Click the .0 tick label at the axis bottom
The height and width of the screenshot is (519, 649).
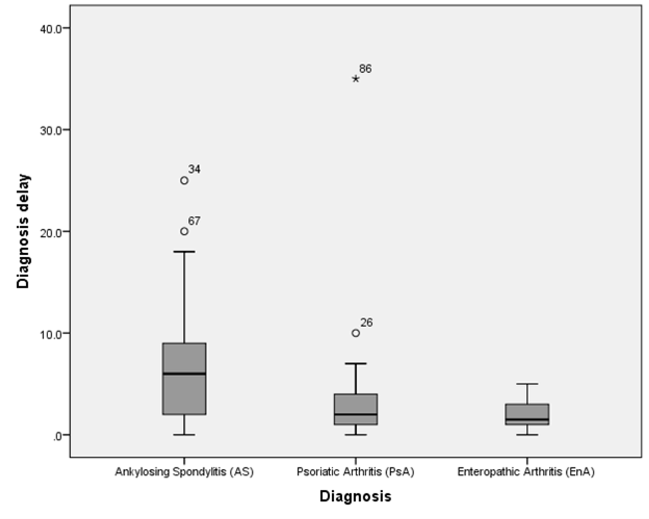click(x=57, y=436)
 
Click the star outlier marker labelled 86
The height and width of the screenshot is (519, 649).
click(x=356, y=79)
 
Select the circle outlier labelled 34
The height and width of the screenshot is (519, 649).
click(x=184, y=181)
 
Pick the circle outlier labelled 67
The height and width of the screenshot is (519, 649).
click(x=184, y=231)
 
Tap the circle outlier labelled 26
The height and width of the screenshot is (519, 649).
click(x=356, y=333)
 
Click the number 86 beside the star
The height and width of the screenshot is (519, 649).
click(x=365, y=68)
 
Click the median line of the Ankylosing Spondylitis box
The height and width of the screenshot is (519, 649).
click(x=184, y=374)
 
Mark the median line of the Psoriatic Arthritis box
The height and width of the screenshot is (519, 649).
click(x=356, y=414)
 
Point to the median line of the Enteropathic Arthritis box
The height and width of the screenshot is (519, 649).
click(x=527, y=419)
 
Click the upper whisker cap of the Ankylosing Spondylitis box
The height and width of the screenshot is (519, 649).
click(x=184, y=251)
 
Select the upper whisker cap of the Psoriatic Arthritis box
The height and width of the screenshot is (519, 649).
click(x=356, y=364)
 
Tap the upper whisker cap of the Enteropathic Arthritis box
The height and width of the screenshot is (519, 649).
click(x=527, y=384)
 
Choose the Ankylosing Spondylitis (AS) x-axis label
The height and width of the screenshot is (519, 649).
click(x=184, y=472)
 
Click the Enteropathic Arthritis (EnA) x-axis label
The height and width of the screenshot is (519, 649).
click(x=526, y=472)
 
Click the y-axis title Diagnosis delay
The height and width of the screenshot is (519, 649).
click(x=23, y=231)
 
